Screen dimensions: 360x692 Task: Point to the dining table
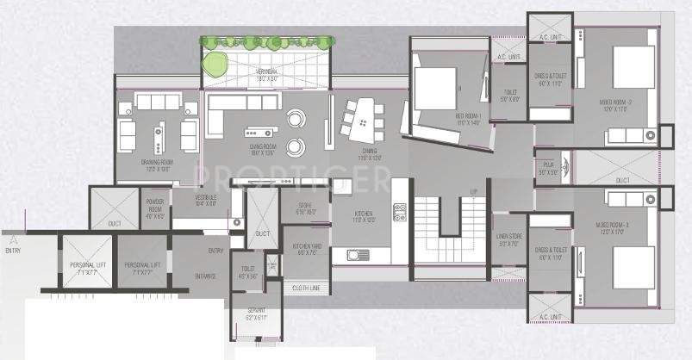[360, 121]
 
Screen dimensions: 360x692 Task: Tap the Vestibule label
[205, 202]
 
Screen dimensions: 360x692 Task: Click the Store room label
[307, 208]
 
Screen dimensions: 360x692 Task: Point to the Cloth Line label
[308, 288]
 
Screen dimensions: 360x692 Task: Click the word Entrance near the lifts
[204, 277]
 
